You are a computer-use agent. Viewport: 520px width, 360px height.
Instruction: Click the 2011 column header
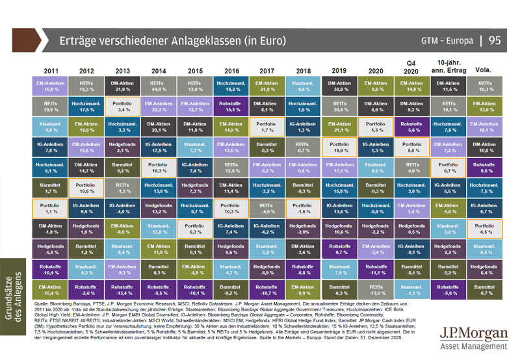pyautogui.click(x=53, y=69)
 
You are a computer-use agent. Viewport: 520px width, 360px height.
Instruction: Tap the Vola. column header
pyautogui.click(x=482, y=69)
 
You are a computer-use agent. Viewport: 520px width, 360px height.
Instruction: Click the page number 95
pyautogui.click(x=495, y=40)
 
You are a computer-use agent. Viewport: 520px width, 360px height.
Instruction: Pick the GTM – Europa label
pyautogui.click(x=447, y=40)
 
